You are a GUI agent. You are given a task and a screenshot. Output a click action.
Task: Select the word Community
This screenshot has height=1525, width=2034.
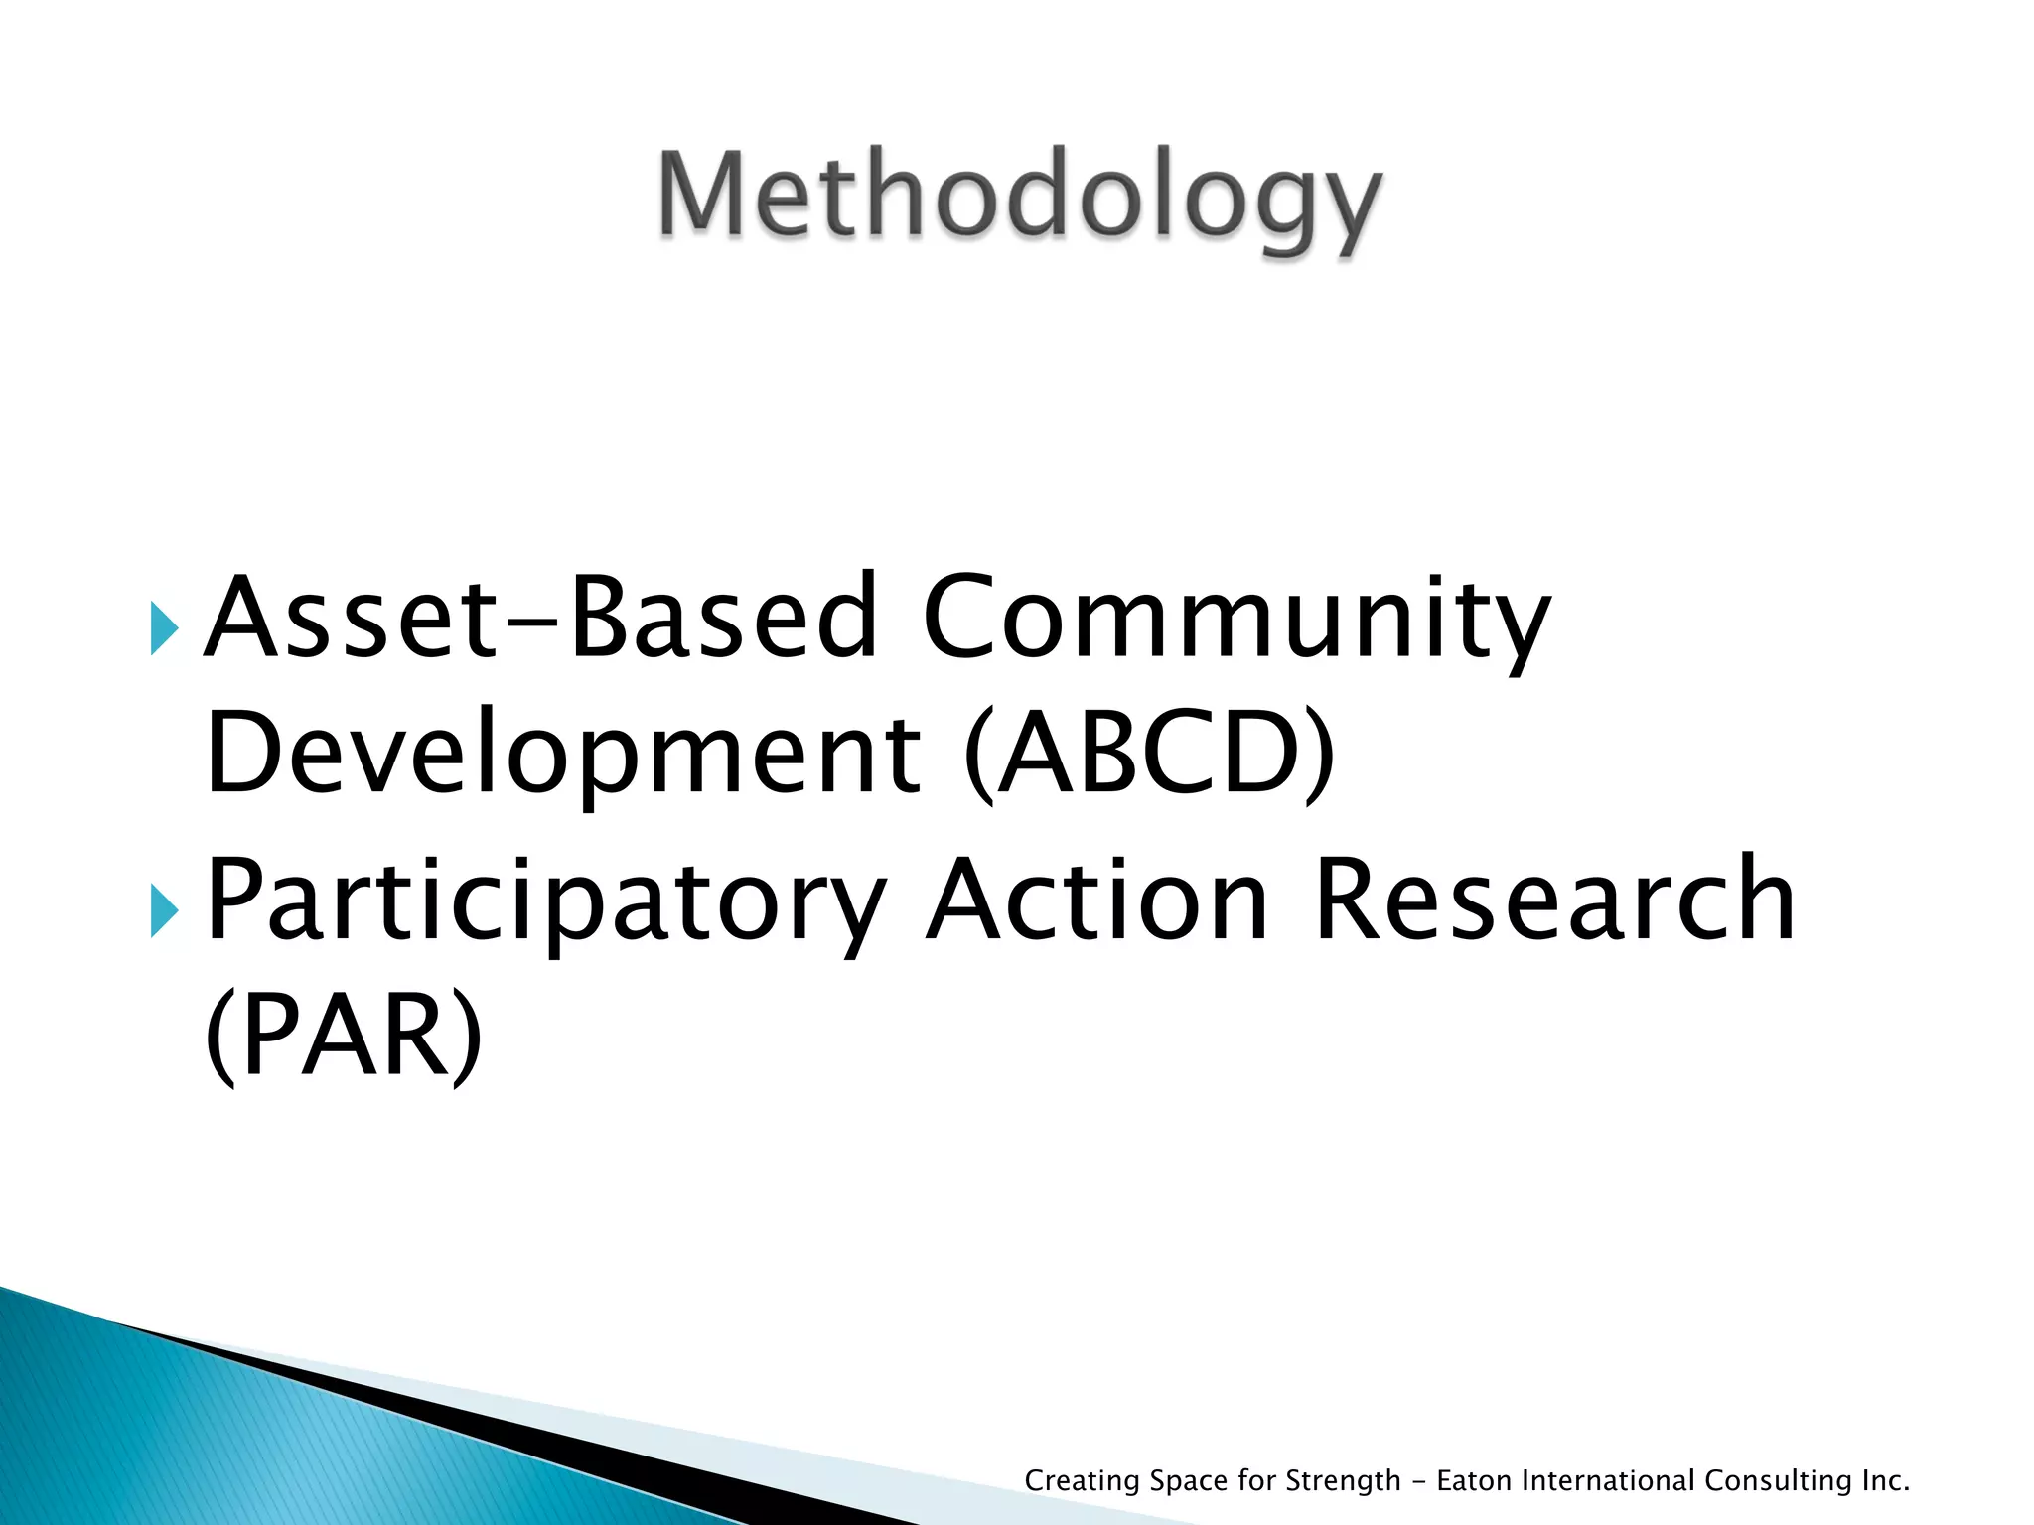pos(1236,618)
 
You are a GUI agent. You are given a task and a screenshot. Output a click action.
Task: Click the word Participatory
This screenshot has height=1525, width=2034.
pos(545,901)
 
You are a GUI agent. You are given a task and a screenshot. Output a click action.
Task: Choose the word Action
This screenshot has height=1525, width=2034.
pos(1097,901)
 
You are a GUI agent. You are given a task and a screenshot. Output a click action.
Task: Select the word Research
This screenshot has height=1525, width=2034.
pos(1554,901)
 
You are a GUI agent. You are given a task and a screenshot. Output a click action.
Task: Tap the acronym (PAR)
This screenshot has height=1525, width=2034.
pos(343,1038)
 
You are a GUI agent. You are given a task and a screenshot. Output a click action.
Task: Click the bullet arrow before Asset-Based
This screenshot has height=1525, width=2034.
pos(165,628)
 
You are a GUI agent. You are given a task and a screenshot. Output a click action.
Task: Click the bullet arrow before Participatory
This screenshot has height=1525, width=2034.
pos(165,911)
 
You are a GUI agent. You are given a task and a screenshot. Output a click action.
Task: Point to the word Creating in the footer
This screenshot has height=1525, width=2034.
pos(1082,1481)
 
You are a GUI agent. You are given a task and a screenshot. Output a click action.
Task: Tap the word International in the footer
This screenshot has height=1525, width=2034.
pos(1608,1481)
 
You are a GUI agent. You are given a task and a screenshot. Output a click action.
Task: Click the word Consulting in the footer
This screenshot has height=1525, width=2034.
pos(1778,1481)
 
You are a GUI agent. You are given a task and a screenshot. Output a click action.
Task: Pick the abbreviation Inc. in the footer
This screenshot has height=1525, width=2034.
pos(1885,1481)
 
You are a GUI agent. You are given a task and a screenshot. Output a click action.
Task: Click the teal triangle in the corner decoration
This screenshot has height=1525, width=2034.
pos(199,1430)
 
